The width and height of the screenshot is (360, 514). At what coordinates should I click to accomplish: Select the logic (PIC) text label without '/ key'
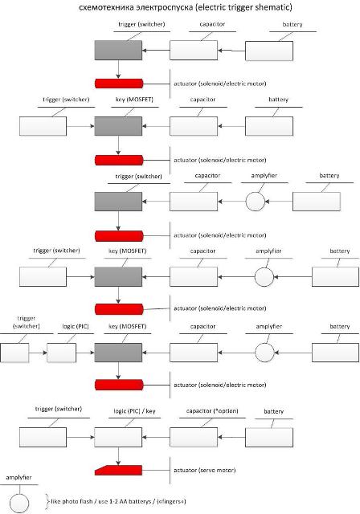pos(76,327)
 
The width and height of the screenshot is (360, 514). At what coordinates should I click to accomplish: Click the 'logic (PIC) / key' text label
pos(134,411)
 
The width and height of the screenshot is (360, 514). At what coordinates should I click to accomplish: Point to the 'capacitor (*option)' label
pos(212,411)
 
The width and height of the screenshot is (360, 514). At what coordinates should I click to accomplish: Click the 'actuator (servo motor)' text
pos(205,470)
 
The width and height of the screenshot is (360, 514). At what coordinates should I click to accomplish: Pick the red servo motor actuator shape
pos(119,470)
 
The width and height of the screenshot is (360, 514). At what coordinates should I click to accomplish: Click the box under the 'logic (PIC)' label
pos(61,353)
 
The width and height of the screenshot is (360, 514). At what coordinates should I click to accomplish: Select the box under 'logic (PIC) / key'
pos(118,437)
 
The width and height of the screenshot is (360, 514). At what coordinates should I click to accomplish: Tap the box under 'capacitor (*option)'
pos(194,437)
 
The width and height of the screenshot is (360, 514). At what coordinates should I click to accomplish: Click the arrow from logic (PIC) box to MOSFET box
pos(85,353)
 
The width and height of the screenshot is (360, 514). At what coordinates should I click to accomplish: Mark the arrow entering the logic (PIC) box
pos(38,353)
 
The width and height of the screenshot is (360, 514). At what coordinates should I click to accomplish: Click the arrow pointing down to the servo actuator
pos(118,456)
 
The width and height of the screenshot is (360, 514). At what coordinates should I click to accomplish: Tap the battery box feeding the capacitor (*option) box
pos(269,437)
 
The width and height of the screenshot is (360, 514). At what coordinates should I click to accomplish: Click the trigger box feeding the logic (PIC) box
pos(14,353)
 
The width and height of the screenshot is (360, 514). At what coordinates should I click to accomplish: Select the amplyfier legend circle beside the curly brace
pos(19,504)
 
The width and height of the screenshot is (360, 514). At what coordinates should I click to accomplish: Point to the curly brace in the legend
pos(48,501)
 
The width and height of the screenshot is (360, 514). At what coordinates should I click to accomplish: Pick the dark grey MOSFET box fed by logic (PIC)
pos(118,353)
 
